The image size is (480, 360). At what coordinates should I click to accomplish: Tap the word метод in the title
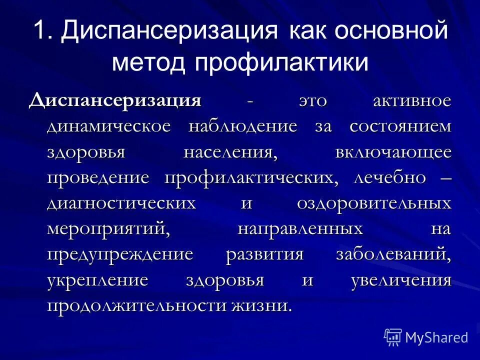click(x=148, y=63)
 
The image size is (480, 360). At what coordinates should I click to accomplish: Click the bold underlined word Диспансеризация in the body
click(x=115, y=100)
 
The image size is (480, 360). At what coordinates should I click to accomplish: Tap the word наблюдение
click(x=243, y=126)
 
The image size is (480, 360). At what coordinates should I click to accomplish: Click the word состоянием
click(x=400, y=126)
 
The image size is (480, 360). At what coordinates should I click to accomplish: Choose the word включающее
click(x=393, y=152)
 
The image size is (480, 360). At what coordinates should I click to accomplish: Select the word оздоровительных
click(x=374, y=204)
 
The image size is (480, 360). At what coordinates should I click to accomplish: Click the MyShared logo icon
click(x=393, y=337)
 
